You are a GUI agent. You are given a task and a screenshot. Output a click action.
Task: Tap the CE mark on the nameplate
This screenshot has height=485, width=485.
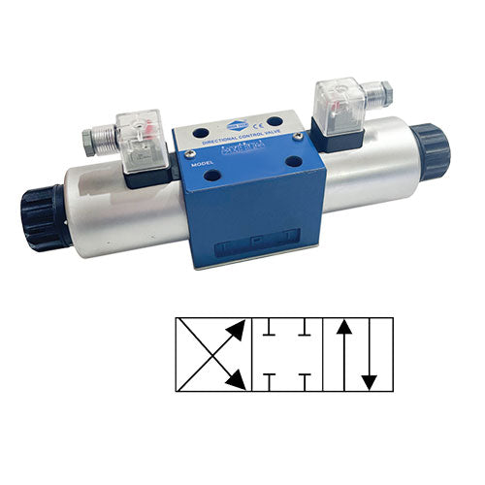pyautogui.click(x=257, y=124)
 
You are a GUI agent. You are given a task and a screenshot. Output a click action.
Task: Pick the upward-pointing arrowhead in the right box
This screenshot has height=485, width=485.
pyautogui.click(x=341, y=330)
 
